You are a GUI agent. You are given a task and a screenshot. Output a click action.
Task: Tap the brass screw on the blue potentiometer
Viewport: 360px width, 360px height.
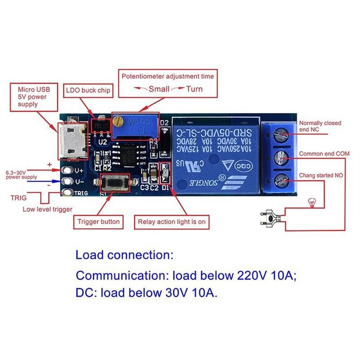(118, 121)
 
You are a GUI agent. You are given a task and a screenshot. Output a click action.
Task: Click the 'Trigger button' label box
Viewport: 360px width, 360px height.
(99, 221)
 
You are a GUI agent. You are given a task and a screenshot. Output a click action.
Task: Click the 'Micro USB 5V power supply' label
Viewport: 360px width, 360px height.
(35, 97)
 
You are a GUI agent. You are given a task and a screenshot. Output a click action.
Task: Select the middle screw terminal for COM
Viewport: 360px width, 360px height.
(281, 157)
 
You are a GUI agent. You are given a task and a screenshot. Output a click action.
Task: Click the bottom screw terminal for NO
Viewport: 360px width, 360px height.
(281, 181)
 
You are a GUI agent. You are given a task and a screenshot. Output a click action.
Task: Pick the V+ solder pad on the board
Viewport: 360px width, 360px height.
(68, 171)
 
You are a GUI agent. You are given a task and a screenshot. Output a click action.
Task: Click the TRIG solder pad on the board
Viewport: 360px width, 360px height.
(68, 193)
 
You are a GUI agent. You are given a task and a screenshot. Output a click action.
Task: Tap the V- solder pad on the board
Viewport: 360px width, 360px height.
(68, 182)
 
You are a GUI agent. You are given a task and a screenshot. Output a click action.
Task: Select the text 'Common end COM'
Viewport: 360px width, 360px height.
(324, 154)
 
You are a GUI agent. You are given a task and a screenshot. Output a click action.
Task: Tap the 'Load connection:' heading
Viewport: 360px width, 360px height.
(124, 256)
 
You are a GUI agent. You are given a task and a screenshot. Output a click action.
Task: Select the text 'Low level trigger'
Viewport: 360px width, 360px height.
(47, 209)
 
